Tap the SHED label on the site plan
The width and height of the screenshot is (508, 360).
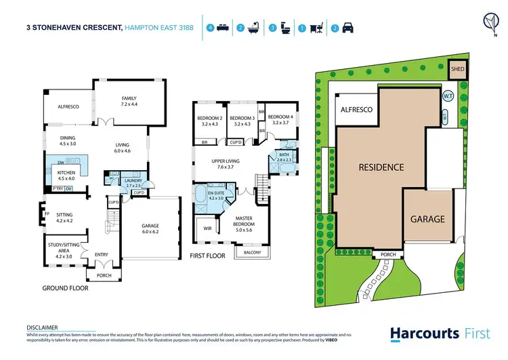(x=458, y=69)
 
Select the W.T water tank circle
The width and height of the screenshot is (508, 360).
(x=448, y=96)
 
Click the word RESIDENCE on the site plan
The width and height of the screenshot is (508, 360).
(x=381, y=167)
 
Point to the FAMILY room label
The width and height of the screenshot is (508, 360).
(x=129, y=100)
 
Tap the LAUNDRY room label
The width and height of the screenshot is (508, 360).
(x=133, y=182)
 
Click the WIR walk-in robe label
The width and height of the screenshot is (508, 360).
(x=207, y=229)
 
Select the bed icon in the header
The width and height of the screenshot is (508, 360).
(x=221, y=28)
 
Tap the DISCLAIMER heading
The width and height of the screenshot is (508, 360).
(x=41, y=327)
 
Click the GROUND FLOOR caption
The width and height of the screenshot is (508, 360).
(x=65, y=288)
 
